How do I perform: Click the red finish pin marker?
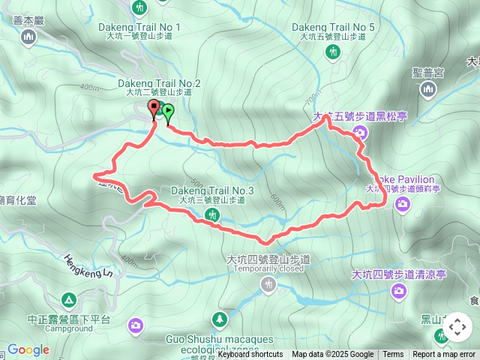154,109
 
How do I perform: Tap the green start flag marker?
168,112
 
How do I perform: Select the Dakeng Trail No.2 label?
159,82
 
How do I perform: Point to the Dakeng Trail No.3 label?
212,191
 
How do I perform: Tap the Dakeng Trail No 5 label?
333,27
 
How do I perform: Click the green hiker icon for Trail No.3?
213,215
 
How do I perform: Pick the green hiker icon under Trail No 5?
333,52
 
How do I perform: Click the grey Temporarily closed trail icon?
269,283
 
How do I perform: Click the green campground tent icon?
69,300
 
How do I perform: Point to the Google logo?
28,349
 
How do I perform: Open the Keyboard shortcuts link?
250,355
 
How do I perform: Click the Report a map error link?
444,355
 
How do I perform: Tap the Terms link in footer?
393,355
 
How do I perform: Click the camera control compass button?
457,327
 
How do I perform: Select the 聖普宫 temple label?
428,73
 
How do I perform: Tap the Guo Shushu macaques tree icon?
219,319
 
